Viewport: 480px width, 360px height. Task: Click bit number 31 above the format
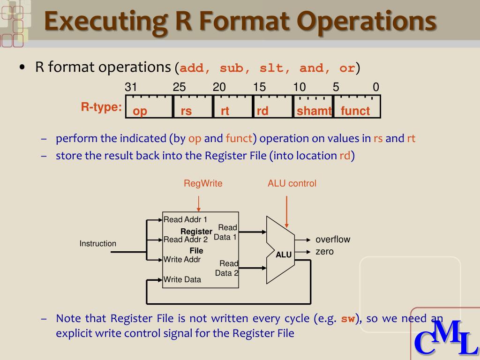(x=131, y=87)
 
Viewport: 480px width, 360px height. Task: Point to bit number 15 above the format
(x=259, y=87)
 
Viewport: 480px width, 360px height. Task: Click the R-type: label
(x=101, y=107)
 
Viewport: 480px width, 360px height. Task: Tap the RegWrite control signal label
(x=203, y=184)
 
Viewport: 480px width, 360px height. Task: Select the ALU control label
(x=292, y=184)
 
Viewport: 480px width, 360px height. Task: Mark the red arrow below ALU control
(x=286, y=211)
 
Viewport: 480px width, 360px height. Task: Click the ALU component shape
(x=281, y=249)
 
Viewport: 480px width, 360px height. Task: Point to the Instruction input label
(x=97, y=244)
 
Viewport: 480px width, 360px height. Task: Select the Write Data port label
(x=182, y=280)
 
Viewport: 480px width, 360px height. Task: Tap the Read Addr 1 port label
(x=185, y=219)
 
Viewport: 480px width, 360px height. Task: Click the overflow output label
(x=333, y=240)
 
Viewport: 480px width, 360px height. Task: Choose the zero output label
(x=324, y=252)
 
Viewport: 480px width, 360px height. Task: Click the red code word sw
(x=347, y=319)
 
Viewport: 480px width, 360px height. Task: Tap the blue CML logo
(x=445, y=337)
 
